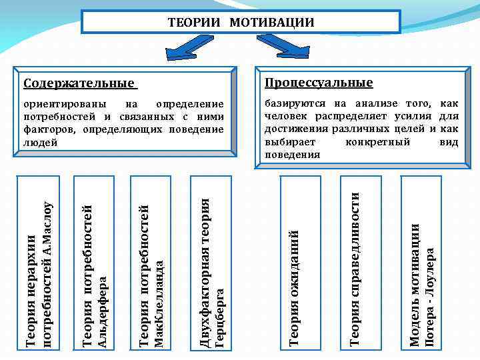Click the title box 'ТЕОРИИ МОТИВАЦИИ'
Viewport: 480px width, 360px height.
241,22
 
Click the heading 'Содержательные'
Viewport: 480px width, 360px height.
79,83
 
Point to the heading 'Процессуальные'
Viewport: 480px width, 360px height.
319,83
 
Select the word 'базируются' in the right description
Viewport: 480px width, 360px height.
295,104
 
